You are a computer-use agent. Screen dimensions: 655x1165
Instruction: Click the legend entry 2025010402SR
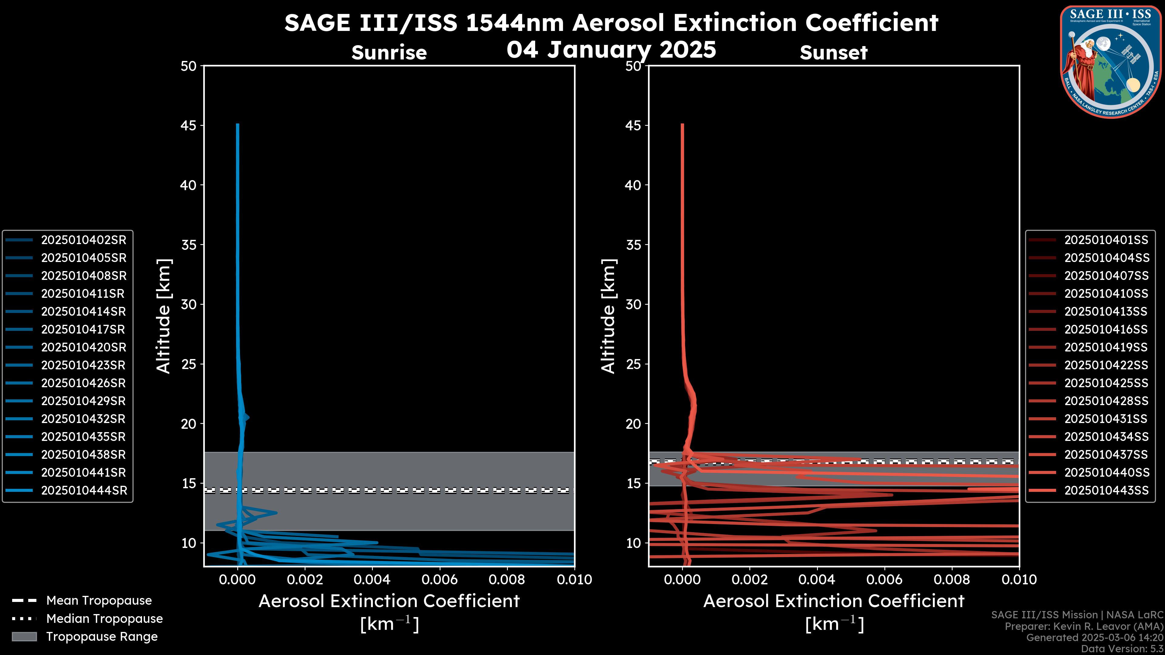tap(84, 240)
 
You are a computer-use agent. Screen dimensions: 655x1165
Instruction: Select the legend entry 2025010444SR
tap(84, 490)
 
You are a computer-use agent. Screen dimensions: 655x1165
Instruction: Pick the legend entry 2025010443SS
tap(1106, 490)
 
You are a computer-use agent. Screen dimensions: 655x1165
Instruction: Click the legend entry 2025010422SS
tap(1106, 365)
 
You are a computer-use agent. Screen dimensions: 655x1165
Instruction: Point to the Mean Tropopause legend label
tap(99, 600)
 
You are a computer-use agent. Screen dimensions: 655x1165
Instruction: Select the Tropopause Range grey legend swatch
tap(24, 637)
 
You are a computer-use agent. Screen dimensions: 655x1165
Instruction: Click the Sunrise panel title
tap(389, 53)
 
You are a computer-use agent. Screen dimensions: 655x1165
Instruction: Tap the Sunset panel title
tap(833, 53)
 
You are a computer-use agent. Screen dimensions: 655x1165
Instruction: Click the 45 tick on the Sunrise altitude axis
tap(189, 126)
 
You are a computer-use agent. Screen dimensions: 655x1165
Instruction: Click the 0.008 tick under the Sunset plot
tap(952, 579)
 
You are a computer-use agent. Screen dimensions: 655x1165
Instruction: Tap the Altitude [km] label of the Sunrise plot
tap(163, 316)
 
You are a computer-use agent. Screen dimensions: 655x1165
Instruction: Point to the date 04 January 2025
tap(611, 50)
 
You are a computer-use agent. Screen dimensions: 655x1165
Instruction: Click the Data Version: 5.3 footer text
tap(1122, 649)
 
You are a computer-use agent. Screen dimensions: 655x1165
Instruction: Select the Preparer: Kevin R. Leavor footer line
tap(1084, 626)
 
